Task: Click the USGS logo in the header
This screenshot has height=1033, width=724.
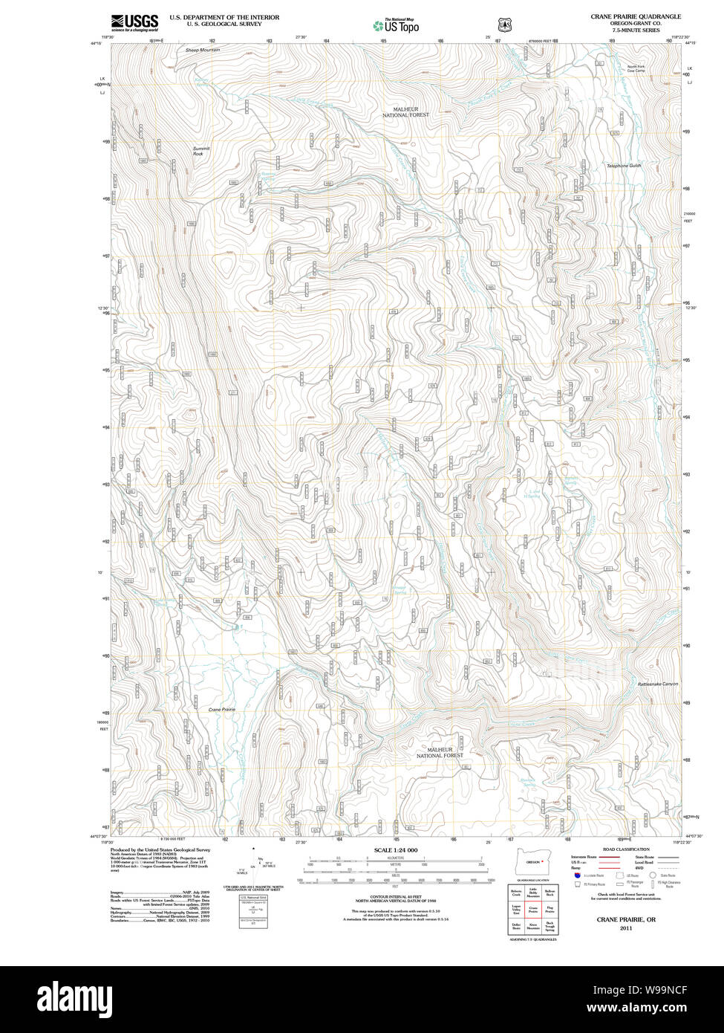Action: pos(134,23)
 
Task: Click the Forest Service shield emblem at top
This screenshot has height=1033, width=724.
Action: pos(503,24)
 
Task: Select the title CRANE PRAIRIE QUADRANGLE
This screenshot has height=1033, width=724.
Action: pos(636,16)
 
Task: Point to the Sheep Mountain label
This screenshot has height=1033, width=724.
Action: pos(203,50)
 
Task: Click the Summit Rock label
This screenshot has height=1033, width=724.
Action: pos(201,151)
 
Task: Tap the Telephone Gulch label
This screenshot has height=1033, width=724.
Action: pos(623,166)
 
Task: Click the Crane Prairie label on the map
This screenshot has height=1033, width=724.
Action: pos(222,710)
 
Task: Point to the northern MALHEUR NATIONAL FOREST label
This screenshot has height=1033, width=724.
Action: pos(405,112)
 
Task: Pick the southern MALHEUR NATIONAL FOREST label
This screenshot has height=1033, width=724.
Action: pos(440,752)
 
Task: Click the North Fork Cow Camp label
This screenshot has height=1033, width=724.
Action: pos(636,69)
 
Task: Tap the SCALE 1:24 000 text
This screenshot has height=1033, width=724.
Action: pos(396,850)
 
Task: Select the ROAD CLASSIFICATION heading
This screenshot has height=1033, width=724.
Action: pos(626,849)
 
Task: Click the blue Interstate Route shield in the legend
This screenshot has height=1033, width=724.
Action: pos(576,876)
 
